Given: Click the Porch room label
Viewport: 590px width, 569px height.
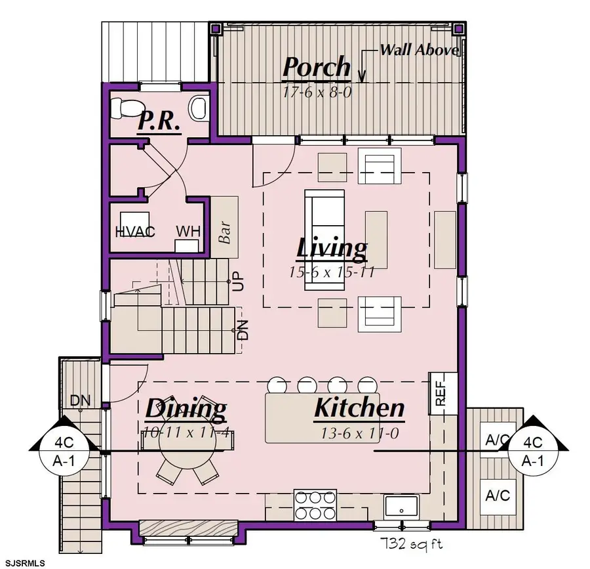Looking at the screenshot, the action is [x=317, y=67].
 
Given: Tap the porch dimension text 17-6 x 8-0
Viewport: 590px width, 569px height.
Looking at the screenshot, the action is [x=317, y=92].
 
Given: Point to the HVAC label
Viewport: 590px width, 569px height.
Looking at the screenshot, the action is [x=135, y=231].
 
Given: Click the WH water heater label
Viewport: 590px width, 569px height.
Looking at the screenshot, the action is [x=188, y=231].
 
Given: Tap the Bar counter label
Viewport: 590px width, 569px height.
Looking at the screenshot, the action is [x=224, y=232].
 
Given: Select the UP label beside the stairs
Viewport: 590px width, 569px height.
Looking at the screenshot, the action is [x=239, y=281].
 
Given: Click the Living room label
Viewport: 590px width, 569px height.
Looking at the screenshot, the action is [x=331, y=249].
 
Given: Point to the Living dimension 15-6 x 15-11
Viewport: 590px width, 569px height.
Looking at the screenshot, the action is [x=332, y=272].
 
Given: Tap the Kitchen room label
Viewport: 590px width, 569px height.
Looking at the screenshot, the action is [x=359, y=408].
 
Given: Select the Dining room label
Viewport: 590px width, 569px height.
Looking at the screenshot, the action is [x=186, y=409].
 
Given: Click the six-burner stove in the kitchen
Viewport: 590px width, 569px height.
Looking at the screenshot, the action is [x=315, y=505].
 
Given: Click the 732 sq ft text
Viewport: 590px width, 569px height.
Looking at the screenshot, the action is [x=412, y=543].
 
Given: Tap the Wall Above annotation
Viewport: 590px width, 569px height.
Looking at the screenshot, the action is [x=419, y=50].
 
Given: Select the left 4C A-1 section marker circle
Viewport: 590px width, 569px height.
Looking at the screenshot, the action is [x=64, y=451].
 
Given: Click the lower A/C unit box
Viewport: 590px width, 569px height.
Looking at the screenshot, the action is [x=498, y=496].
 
